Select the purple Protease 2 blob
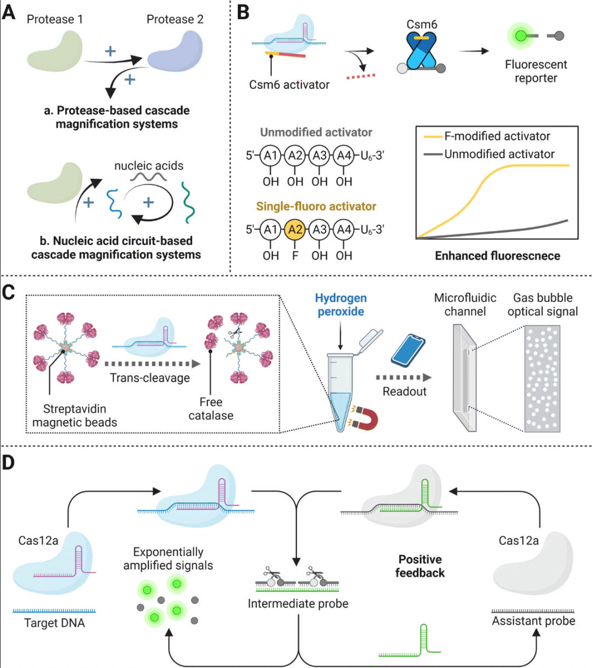[175, 51]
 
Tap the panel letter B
[243, 12]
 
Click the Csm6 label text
[422, 25]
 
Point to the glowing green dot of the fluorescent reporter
[521, 36]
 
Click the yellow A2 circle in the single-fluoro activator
[295, 229]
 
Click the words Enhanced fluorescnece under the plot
[497, 256]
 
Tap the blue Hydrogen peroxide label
[340, 305]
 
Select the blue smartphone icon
[408, 350]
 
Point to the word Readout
[405, 391]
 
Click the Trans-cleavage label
[150, 378]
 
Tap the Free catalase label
[211, 408]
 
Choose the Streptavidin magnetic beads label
[75, 416]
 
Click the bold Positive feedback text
[420, 566]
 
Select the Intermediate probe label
[298, 603]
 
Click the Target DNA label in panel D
[54, 623]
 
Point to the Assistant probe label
[533, 621]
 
